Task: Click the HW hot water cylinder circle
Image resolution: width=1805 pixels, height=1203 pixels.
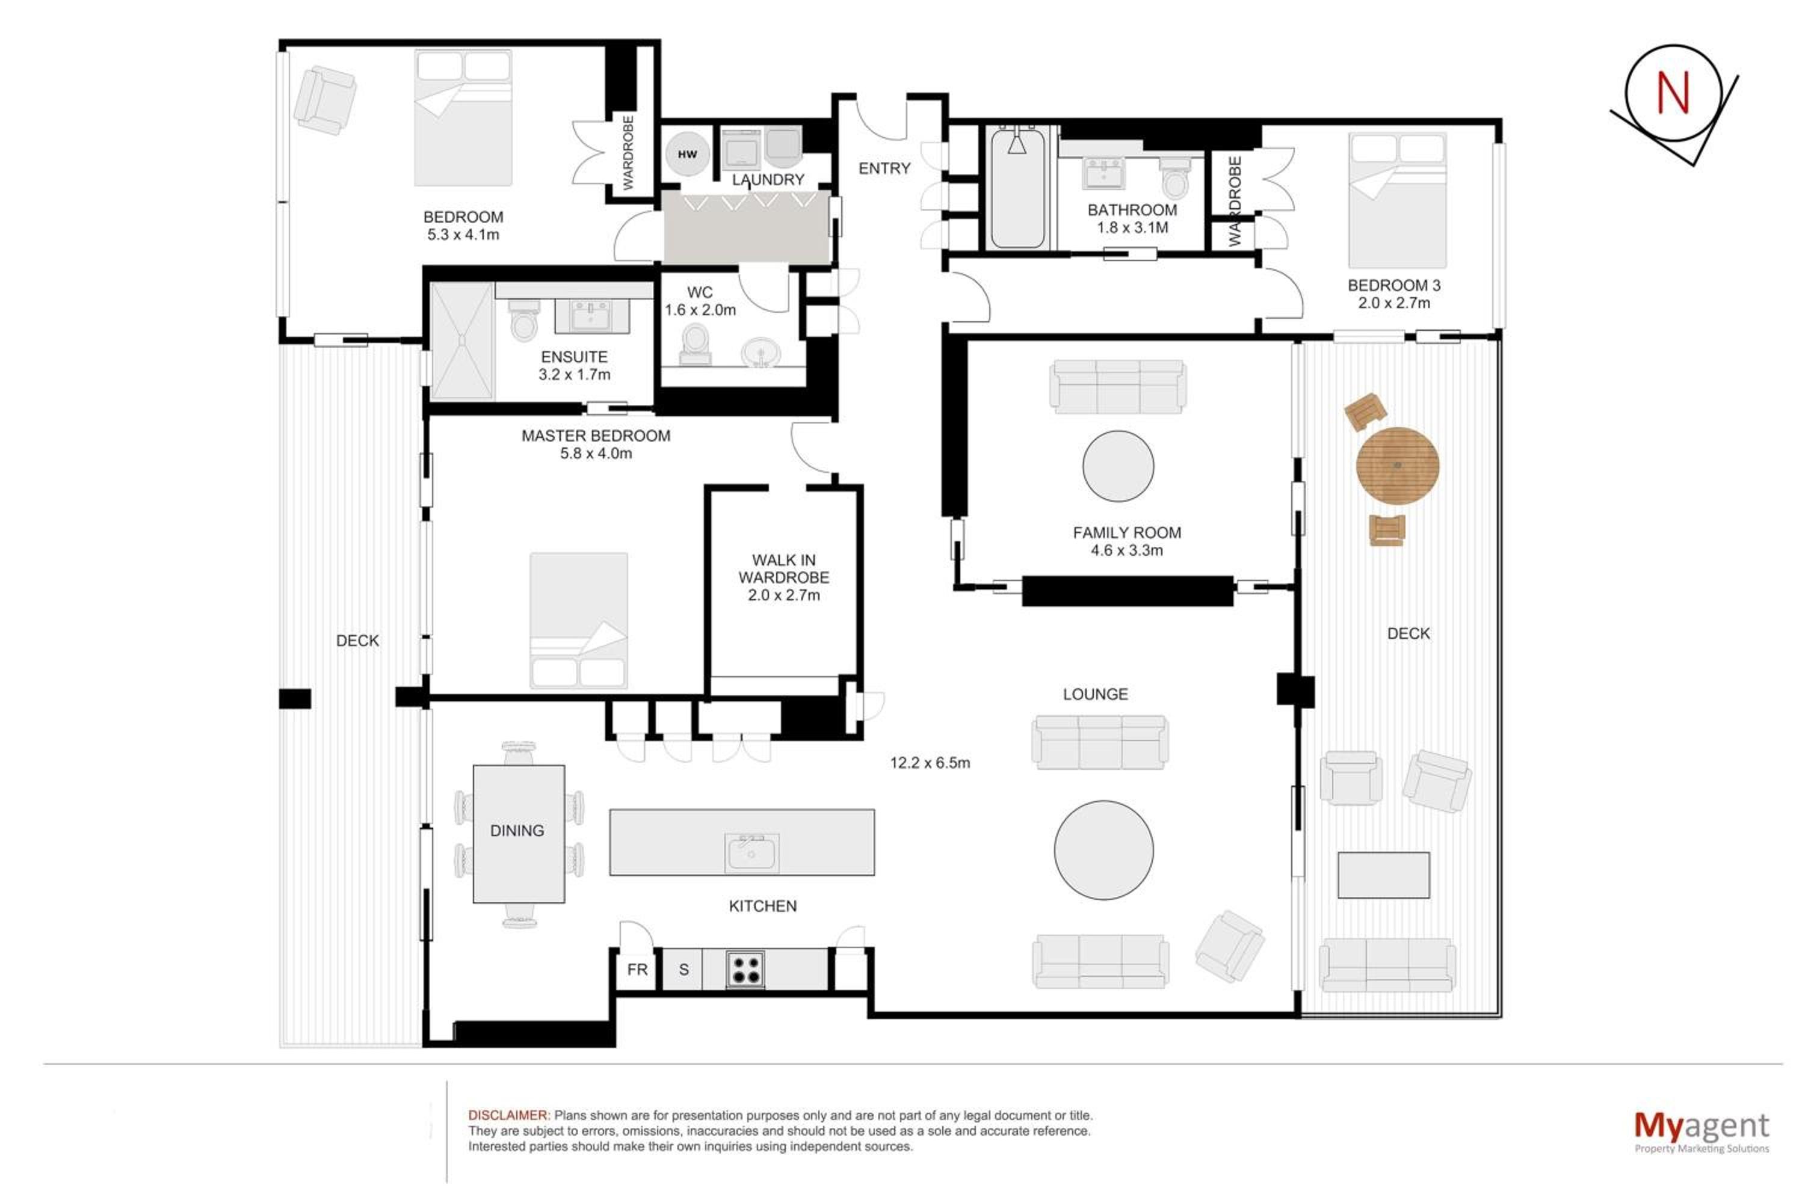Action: pyautogui.click(x=687, y=153)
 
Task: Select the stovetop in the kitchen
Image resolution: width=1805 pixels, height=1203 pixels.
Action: pyautogui.click(x=745, y=969)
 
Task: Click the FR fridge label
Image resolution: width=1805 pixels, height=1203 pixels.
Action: pyautogui.click(x=637, y=970)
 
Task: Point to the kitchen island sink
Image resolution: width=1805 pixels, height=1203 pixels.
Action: pyautogui.click(x=751, y=853)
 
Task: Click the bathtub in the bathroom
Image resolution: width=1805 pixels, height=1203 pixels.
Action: pyautogui.click(x=1017, y=188)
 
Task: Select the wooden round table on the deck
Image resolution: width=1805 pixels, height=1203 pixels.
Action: pyautogui.click(x=1398, y=466)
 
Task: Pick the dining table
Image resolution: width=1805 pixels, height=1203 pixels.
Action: pyautogui.click(x=519, y=834)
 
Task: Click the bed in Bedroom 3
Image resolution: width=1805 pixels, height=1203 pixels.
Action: pyautogui.click(x=1398, y=200)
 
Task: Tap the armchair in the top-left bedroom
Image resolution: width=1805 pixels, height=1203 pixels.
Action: pyautogui.click(x=325, y=100)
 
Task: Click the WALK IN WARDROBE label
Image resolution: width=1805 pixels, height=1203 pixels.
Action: pyautogui.click(x=783, y=577)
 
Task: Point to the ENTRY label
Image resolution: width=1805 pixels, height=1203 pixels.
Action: pyautogui.click(x=884, y=168)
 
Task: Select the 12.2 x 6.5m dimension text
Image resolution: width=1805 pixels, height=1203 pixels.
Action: pyautogui.click(x=930, y=763)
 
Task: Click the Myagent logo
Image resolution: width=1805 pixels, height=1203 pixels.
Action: pyautogui.click(x=1702, y=1131)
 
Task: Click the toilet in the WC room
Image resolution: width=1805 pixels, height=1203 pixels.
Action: pyautogui.click(x=696, y=343)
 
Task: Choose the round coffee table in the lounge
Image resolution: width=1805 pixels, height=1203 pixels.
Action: pyautogui.click(x=1103, y=850)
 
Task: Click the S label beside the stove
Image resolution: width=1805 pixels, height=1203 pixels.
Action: pyautogui.click(x=683, y=970)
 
